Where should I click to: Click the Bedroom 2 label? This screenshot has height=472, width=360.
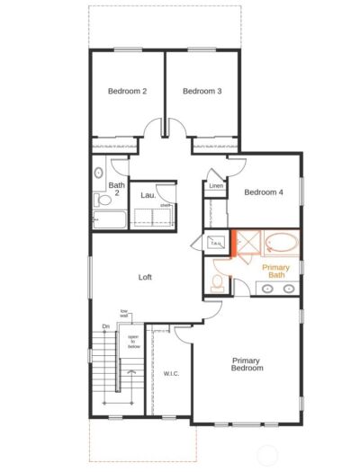coord(127,91)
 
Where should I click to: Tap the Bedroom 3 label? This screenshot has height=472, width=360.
coord(202,91)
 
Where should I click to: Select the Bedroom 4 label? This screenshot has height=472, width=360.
coord(264,191)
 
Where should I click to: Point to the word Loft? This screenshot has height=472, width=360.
coord(145,277)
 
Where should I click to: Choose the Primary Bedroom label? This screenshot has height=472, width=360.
coord(247,364)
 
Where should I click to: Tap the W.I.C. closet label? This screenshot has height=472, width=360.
coord(172,373)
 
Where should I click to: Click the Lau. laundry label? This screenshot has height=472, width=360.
coord(148,194)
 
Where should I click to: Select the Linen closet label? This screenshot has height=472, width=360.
coord(216,187)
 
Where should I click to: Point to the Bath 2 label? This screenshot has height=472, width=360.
coord(116,191)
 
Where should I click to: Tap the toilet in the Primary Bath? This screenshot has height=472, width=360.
coord(217,283)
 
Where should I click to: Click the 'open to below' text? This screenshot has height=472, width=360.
coord(131,341)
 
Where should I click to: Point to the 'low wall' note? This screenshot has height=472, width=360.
coord(124,313)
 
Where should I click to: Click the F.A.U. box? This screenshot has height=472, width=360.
coord(216,243)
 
